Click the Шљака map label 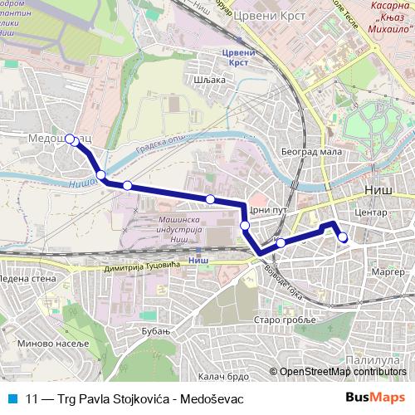(208, 80)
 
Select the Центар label (370, 212)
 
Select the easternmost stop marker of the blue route (342, 239)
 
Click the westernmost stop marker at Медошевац (70, 139)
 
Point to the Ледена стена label (27, 278)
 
